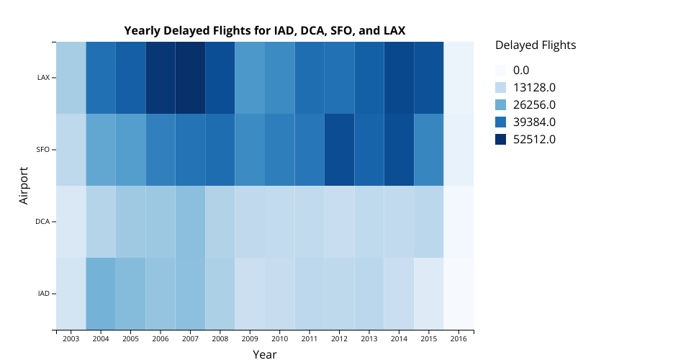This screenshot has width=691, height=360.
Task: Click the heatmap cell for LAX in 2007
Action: [x=190, y=77]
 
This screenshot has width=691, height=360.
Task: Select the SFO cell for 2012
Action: [x=339, y=149]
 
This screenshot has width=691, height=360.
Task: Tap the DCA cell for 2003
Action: [x=71, y=221]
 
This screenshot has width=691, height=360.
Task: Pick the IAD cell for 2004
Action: [x=101, y=293]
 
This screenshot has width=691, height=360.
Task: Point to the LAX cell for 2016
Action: [x=459, y=77]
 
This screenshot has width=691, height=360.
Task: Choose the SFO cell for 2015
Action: [x=428, y=149]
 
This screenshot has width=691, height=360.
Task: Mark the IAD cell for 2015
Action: [x=428, y=293]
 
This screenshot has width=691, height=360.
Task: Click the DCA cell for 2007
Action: [x=190, y=221]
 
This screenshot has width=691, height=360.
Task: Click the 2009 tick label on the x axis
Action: [x=250, y=338]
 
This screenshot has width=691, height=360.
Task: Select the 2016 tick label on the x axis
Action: [x=459, y=338]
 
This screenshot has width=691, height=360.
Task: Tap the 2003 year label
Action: [x=71, y=338]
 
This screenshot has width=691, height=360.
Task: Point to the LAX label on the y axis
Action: [x=43, y=77]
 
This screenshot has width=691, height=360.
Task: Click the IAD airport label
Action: [x=43, y=293]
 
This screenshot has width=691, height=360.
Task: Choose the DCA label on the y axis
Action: [x=42, y=221]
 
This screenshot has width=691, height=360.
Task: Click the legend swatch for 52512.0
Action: [x=501, y=140]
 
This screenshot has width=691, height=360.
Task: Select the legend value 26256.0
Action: [x=534, y=105]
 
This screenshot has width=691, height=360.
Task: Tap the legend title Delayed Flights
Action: [x=536, y=45]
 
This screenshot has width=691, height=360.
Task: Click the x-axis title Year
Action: [x=264, y=354]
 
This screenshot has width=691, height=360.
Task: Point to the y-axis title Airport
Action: [x=24, y=185]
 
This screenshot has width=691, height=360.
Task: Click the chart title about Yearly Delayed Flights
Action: [x=264, y=31]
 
